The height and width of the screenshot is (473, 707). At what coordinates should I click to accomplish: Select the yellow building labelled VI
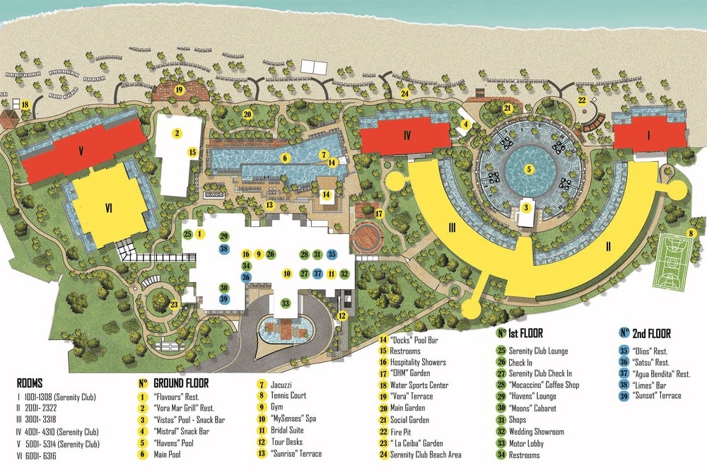point(109,207)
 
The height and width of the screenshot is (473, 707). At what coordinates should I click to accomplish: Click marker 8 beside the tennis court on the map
point(691,234)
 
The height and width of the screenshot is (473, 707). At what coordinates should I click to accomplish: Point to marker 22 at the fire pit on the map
point(582,100)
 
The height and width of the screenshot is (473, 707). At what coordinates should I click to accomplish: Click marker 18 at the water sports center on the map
point(25,105)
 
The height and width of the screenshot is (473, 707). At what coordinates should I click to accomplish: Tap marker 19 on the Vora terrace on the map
point(179,90)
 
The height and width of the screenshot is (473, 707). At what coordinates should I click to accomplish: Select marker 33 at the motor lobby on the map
point(286,303)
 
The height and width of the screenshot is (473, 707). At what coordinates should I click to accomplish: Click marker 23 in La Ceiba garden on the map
point(174,305)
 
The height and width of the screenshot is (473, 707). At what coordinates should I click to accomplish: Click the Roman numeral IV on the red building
point(407,134)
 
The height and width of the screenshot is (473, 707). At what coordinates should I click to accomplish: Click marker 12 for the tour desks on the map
point(341,315)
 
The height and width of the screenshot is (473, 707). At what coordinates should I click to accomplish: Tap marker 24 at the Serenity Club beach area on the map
point(405,93)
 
